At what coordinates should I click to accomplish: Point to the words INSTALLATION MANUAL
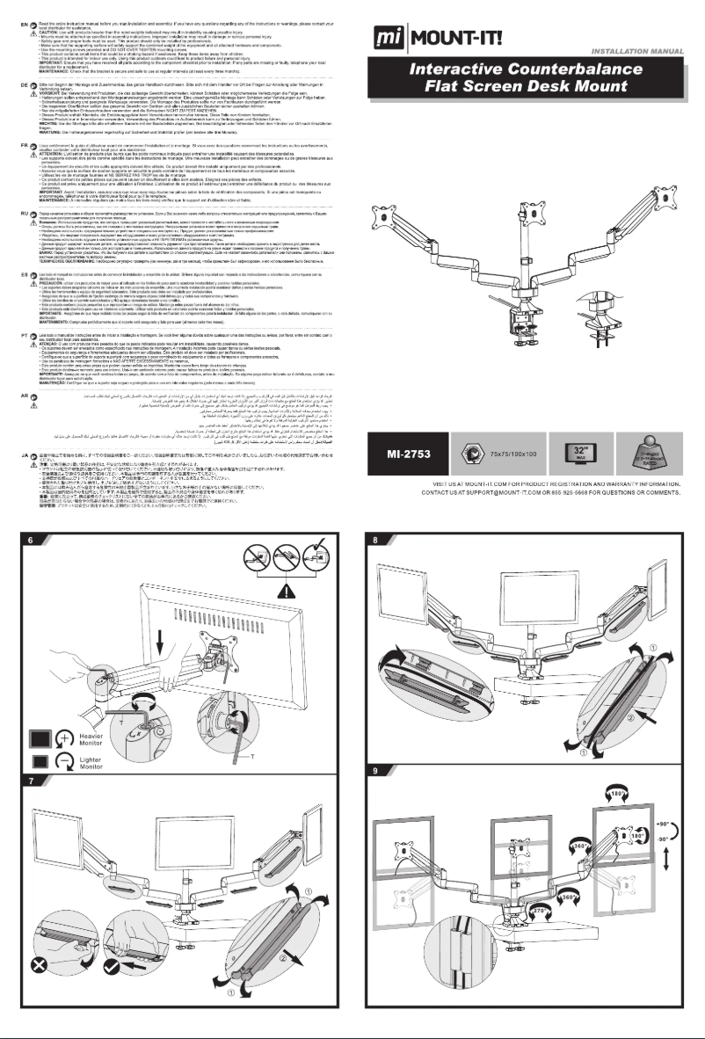point(645,52)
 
